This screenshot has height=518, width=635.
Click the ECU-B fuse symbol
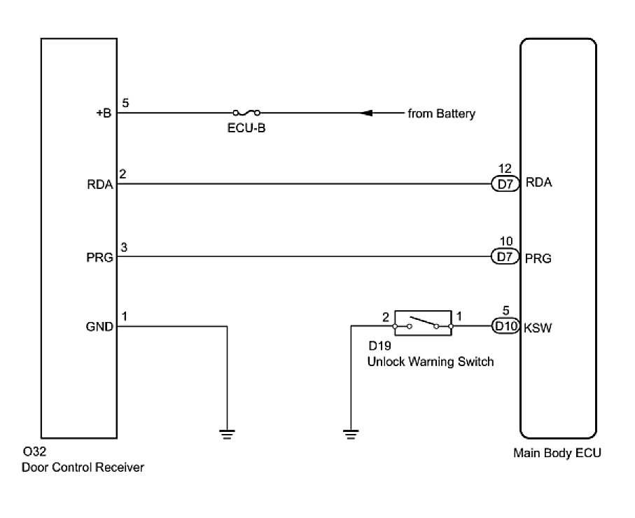point(246,113)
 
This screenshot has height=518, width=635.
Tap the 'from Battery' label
point(442,114)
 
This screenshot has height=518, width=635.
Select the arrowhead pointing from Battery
point(366,113)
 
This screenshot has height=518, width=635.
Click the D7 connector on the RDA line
point(505,184)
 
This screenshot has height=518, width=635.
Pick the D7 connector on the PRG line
point(505,256)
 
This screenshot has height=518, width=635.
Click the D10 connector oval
point(505,326)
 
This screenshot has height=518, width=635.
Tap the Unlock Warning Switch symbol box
point(423,323)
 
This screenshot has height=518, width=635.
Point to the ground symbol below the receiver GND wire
point(228,435)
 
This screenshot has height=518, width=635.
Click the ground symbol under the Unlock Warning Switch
point(351,435)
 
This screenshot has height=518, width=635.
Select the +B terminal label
point(104,113)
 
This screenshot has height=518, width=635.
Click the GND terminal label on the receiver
point(99,327)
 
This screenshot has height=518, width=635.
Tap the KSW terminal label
point(538,328)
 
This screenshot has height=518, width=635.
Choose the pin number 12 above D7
point(505,169)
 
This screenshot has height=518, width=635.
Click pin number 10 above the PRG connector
point(506,241)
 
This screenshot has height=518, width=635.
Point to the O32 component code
point(35,451)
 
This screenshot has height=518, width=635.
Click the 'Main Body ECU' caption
point(557,453)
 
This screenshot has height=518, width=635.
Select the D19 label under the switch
point(380,346)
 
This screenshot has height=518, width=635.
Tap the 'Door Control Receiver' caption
point(83,468)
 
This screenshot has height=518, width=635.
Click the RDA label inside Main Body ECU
point(538,183)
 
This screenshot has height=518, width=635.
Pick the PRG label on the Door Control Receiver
point(99,258)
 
